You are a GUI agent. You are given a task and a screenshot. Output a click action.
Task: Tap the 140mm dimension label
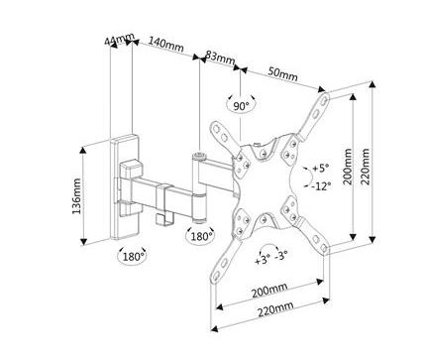[165, 44]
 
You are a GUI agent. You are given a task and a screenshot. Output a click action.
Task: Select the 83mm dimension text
[220, 58]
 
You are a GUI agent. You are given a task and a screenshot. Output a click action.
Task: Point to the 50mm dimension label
[282, 74]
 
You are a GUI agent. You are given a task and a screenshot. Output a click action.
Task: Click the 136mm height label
[76, 196]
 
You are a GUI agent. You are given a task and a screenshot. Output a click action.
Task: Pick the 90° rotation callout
[241, 106]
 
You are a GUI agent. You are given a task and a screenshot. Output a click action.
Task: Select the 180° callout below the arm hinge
[201, 236]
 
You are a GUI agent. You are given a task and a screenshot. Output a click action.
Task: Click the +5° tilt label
[320, 168]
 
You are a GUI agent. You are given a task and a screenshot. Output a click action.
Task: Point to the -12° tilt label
[321, 186]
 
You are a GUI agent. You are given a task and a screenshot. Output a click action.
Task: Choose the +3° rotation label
[263, 259]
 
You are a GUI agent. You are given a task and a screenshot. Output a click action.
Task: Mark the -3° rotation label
[280, 255]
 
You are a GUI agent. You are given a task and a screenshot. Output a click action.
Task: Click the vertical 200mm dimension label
[347, 167]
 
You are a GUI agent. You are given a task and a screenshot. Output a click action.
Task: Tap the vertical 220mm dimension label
[366, 166]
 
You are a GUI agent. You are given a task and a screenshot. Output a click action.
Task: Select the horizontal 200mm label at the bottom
[269, 291]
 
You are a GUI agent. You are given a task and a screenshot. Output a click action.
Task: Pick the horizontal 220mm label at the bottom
[275, 308]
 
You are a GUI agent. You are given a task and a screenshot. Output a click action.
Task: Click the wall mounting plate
[125, 186]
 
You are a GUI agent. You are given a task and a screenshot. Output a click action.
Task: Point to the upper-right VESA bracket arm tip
[325, 98]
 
